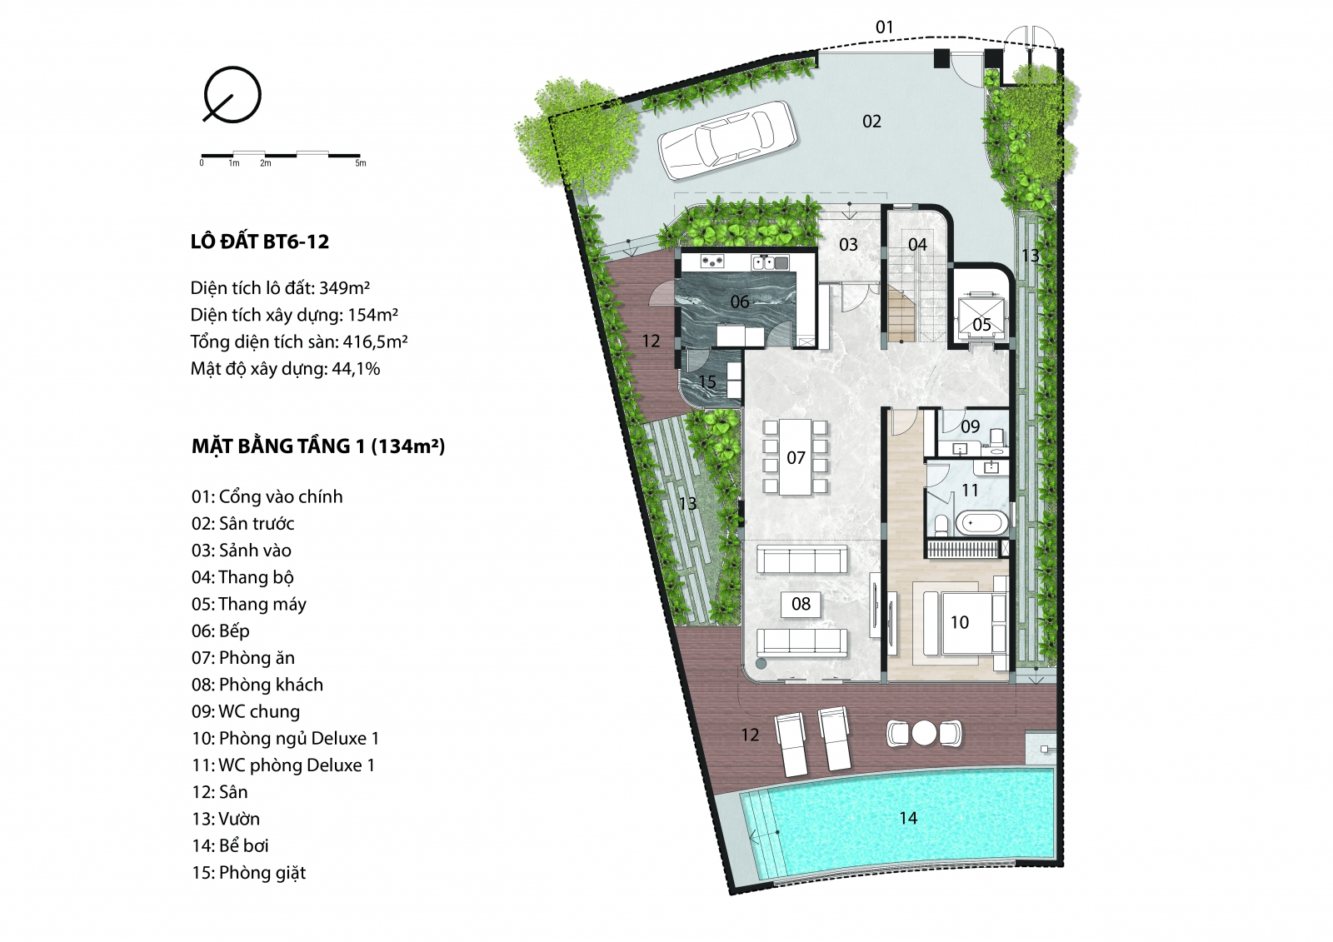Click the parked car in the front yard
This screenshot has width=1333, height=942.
pos(727,140)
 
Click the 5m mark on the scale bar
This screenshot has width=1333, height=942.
pos(361,163)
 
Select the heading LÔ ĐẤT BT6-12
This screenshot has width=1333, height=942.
pos(259,242)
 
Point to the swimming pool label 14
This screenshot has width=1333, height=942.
pos(908,818)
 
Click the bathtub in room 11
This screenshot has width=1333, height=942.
pos(982,524)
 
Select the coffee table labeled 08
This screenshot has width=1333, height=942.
pos(801,604)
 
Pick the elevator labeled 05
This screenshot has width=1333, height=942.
pos(980,318)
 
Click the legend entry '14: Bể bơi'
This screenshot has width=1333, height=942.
pos(230,845)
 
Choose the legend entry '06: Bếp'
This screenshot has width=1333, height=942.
pos(221,630)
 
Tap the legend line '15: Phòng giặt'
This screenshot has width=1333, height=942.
pos(249,873)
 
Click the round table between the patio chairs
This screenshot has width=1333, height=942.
pos(924,733)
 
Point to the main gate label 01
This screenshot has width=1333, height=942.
pos(885,27)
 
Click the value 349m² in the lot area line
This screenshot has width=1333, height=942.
pos(345,288)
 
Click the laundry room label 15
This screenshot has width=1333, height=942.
pos(707,381)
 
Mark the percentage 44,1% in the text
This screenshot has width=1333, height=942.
pos(356,369)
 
